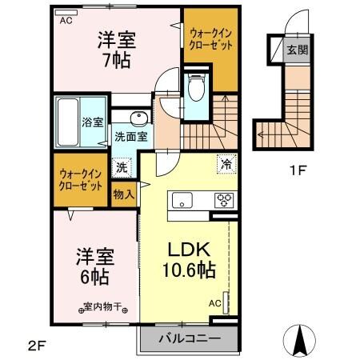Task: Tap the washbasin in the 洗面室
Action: pyautogui.click(x=139, y=119)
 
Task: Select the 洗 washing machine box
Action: pyautogui.click(x=122, y=168)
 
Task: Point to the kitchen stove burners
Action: pyautogui.click(x=224, y=201)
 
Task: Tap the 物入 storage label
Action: pyautogui.click(x=122, y=194)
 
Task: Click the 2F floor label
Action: pyautogui.click(x=37, y=346)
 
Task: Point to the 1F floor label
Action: pyautogui.click(x=296, y=170)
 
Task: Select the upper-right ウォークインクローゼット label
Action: pyautogui.click(x=212, y=39)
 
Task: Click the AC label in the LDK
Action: pyautogui.click(x=214, y=303)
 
